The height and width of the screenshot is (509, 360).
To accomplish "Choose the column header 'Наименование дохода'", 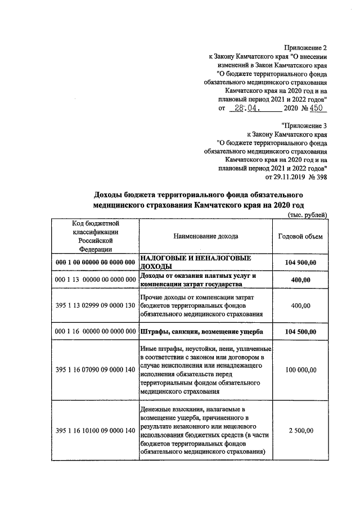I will point(206,236).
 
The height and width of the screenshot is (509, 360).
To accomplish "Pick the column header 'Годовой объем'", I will point(300,236).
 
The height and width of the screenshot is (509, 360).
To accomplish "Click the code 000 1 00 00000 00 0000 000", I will point(96,262).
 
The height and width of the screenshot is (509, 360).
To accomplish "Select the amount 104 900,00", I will point(300,262).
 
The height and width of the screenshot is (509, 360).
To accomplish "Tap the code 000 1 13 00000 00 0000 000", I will point(96,280).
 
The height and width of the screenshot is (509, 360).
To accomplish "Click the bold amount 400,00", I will point(300,280).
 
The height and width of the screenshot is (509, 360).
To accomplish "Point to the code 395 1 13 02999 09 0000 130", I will point(96,305).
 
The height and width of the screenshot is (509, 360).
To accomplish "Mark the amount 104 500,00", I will point(300,331).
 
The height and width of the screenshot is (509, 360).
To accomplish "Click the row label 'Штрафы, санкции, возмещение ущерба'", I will point(201,331).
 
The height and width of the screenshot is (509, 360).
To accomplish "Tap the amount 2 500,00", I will point(300,430).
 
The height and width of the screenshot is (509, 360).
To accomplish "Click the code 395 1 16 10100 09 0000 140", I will point(96,430).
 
